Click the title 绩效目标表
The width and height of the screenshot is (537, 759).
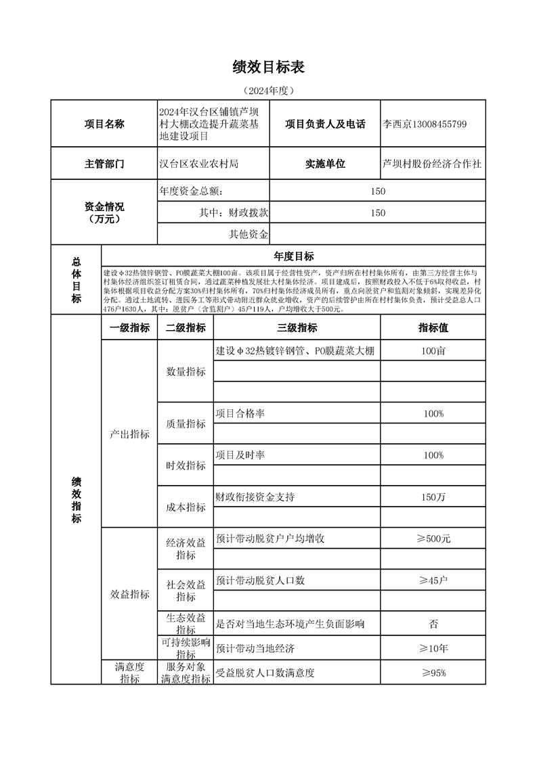[268, 66]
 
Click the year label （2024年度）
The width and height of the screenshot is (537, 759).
[268, 90]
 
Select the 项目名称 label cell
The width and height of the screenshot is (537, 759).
[104, 124]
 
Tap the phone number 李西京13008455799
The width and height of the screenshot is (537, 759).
[425, 124]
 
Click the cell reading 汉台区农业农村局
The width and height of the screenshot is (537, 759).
[199, 164]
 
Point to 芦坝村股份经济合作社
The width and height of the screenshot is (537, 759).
[433, 164]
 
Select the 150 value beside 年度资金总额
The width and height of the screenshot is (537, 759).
[378, 191]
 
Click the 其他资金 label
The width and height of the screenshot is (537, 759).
[249, 234]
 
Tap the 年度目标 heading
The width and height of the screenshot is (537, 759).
[293, 256]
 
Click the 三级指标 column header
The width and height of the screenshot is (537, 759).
[297, 328]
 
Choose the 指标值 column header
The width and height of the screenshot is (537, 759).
[433, 328]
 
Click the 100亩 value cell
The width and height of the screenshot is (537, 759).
[433, 350]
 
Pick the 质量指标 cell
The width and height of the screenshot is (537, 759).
[186, 423]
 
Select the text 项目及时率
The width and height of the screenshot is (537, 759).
[240, 455]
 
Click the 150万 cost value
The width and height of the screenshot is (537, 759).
[433, 497]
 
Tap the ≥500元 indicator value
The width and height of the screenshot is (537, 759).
[433, 539]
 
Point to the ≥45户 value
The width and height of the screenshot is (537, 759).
[433, 581]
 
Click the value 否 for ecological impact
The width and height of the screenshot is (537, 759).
[433, 623]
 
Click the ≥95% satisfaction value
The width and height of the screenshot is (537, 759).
[433, 673]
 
